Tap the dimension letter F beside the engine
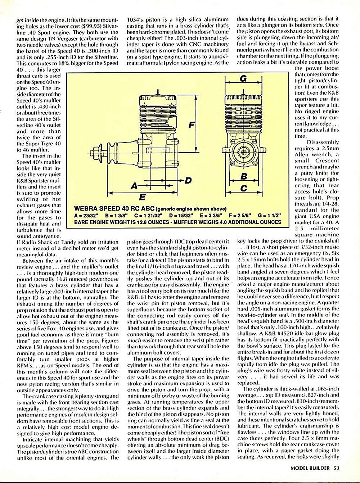[x=191, y=125]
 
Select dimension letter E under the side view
[x=142, y=197]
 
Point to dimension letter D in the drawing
[x=188, y=180]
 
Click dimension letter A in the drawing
[x=135, y=186]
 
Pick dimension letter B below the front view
[x=244, y=176]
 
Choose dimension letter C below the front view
[x=244, y=188]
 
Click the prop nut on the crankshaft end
[x=97, y=149]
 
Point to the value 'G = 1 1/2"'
[x=269, y=216]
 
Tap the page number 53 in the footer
[x=336, y=468]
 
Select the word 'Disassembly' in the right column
[x=323, y=142]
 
